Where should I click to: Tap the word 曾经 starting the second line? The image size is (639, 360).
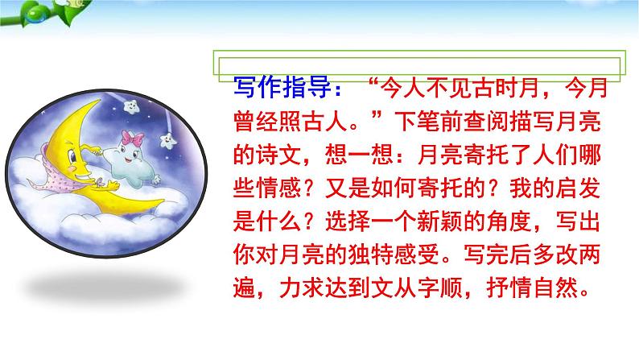(x=249, y=122)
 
